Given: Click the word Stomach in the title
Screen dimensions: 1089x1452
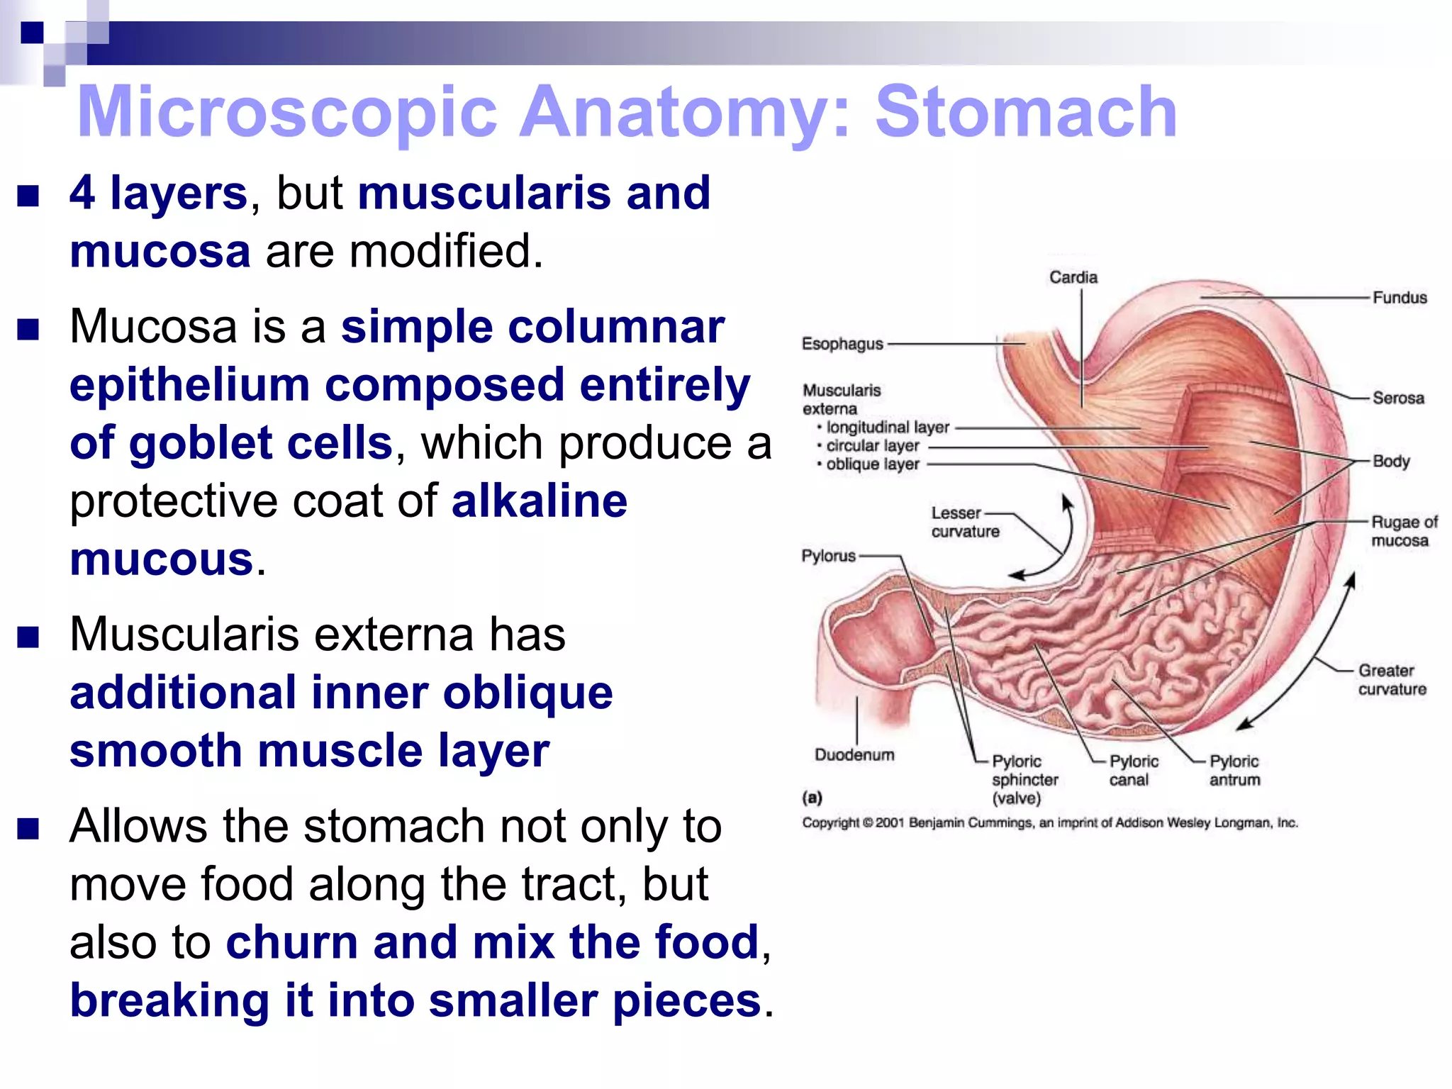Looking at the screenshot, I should pos(1026,112).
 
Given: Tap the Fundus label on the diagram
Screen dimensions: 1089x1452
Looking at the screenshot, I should pos(1399,298).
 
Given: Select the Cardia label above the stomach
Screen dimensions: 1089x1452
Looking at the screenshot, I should pos(1073,277).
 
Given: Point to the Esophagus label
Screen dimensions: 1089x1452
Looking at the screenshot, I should pos(842,344).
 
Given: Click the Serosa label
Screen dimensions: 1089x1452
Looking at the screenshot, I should pos(1397,398).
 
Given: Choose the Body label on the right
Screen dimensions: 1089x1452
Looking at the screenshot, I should pos(1390,461).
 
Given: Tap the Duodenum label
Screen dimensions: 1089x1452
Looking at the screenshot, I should pos(854,754).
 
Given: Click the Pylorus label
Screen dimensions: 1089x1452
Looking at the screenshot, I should pos(828,556).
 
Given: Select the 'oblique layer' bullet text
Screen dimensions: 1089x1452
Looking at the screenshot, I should pos(872,464).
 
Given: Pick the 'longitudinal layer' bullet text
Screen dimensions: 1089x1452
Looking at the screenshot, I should pos(887,427).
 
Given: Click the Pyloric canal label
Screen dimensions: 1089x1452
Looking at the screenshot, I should pos(1133,771).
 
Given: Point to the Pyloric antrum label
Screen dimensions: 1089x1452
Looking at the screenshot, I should pos(1234,771).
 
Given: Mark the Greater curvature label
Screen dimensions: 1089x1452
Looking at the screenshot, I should pos(1391,680).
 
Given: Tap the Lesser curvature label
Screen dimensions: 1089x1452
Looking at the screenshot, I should pos(964,523).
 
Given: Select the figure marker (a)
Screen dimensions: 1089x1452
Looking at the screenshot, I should pos(812,798).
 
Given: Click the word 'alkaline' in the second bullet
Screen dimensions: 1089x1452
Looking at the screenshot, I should pos(540,501).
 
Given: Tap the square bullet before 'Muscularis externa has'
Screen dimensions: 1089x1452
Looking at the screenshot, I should pos(28,637).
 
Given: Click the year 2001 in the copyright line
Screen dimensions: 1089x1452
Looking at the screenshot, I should pos(890,823).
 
